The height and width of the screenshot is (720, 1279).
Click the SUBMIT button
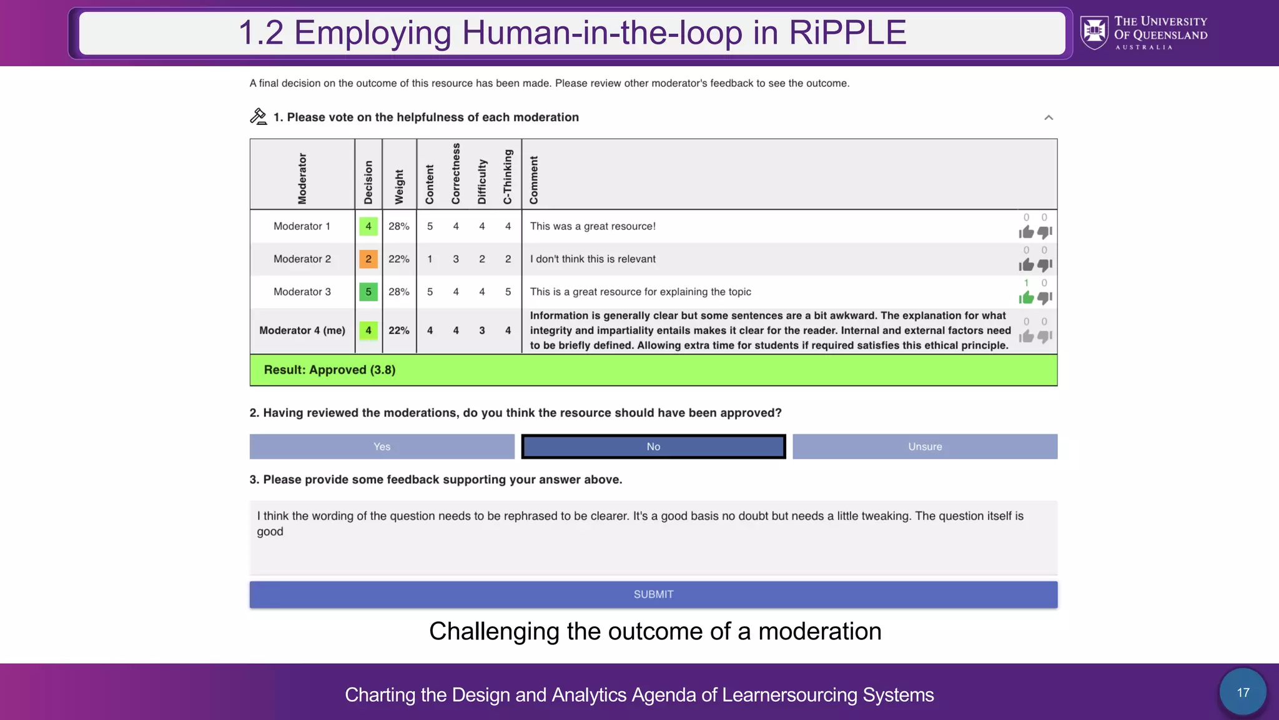point(653,594)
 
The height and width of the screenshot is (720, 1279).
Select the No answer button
point(653,446)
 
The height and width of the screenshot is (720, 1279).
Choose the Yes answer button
point(382,446)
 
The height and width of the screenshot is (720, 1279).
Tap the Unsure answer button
point(925,446)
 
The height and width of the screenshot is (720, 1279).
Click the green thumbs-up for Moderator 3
point(1026,297)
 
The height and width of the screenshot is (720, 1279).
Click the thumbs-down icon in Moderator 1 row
point(1045,232)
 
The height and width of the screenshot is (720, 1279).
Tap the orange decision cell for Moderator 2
point(368,259)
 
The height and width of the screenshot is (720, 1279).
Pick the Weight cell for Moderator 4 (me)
point(399,330)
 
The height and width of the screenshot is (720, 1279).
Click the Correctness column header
point(456,174)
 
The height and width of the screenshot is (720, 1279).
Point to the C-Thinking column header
point(508,176)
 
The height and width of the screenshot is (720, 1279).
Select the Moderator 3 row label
point(302,292)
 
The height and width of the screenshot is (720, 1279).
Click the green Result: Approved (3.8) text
point(330,369)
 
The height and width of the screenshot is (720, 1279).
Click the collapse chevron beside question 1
point(1049,117)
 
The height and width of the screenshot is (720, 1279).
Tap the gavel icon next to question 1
point(259,117)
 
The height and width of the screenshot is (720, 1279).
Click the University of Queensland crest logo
point(1094,33)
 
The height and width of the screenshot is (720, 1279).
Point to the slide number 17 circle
point(1243,692)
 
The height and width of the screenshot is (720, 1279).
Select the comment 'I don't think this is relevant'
point(593,259)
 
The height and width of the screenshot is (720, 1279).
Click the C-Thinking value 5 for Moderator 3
point(508,292)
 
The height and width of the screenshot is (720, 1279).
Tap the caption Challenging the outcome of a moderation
point(654,631)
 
